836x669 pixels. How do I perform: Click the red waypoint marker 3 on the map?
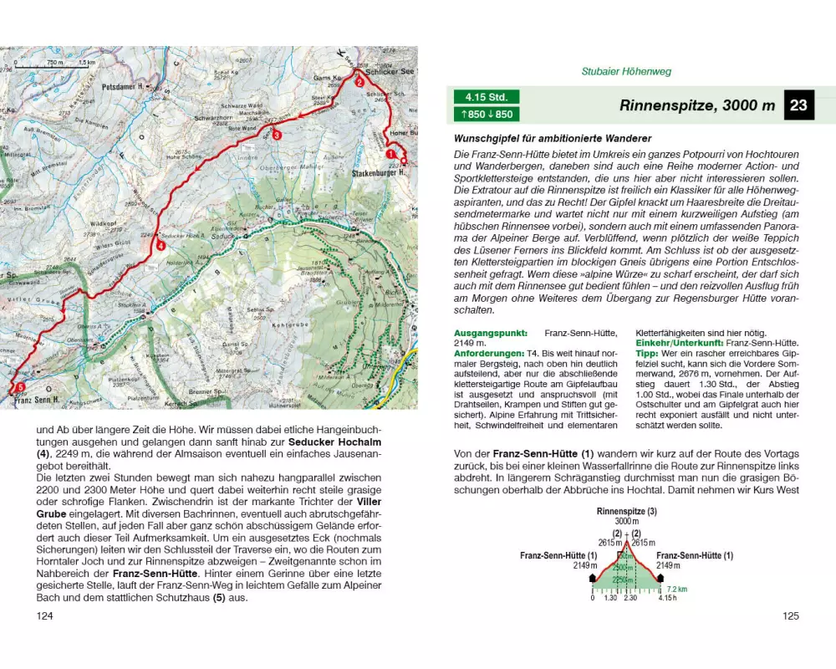[277, 135]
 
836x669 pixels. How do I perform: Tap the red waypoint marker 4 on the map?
[160, 246]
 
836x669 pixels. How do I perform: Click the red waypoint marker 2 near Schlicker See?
[359, 82]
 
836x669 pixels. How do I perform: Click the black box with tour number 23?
[798, 105]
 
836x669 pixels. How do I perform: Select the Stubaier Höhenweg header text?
[626, 72]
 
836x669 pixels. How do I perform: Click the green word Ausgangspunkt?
[486, 332]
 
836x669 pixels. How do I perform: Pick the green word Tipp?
[649, 354]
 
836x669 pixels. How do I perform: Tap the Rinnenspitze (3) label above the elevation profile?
[626, 511]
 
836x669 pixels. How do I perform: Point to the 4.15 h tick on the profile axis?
[666, 598]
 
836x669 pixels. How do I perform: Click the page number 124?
[45, 616]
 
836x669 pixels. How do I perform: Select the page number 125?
[791, 616]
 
